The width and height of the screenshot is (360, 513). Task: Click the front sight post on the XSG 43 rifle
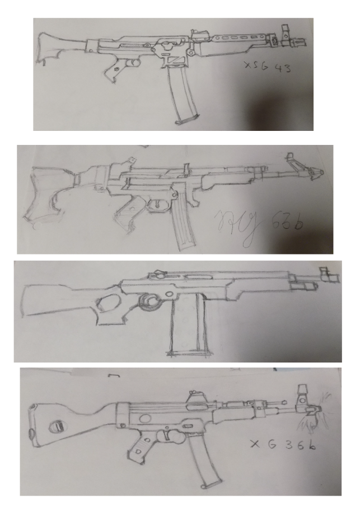[285, 32]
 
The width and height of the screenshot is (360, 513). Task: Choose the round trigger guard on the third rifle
[149, 301]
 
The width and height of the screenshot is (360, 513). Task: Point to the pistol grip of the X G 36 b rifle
[137, 449]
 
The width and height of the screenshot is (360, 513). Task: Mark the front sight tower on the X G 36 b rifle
[302, 394]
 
